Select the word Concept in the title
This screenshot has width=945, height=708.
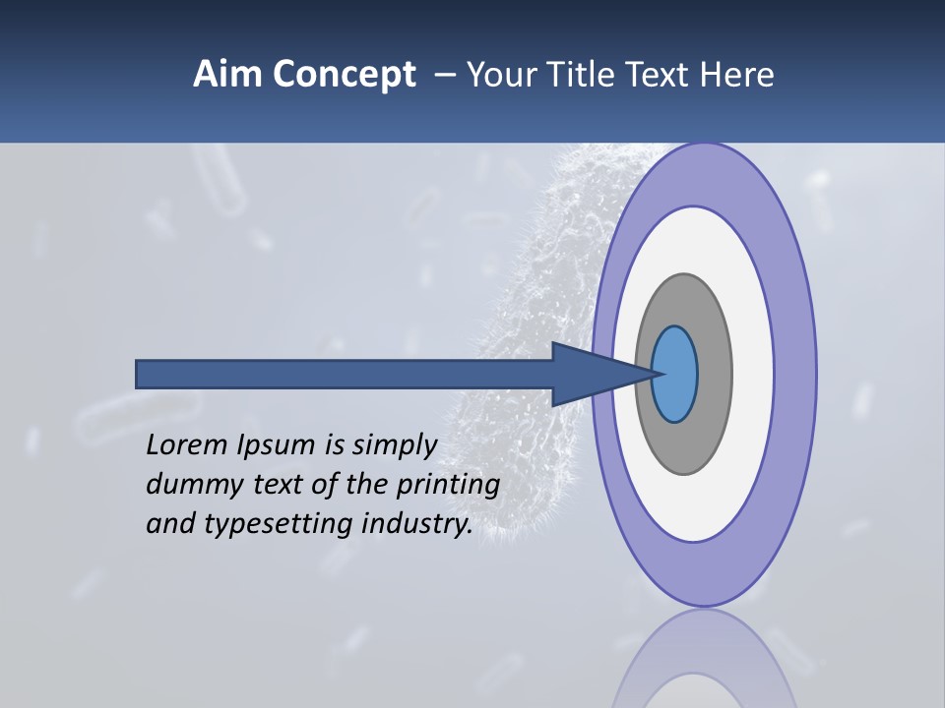pyautogui.click(x=345, y=76)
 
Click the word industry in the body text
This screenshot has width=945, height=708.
pyautogui.click(x=417, y=525)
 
